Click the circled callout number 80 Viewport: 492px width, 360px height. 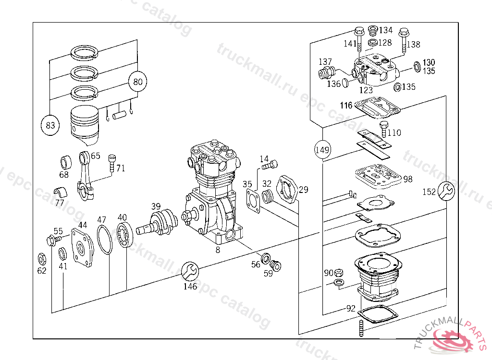point(138,82)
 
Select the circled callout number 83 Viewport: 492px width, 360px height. point(50,126)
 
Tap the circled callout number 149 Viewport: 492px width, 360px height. point(323,150)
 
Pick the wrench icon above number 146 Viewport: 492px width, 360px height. point(190,272)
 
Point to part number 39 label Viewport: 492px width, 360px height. point(156,206)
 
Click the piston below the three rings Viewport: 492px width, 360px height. point(86,126)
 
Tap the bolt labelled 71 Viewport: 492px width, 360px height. point(111,163)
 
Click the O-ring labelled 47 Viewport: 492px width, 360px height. point(104,239)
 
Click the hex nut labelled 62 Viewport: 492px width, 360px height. point(41,259)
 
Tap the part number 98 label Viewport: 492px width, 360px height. point(408,179)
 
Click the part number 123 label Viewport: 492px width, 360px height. point(366,90)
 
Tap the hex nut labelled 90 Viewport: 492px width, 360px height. point(339,273)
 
